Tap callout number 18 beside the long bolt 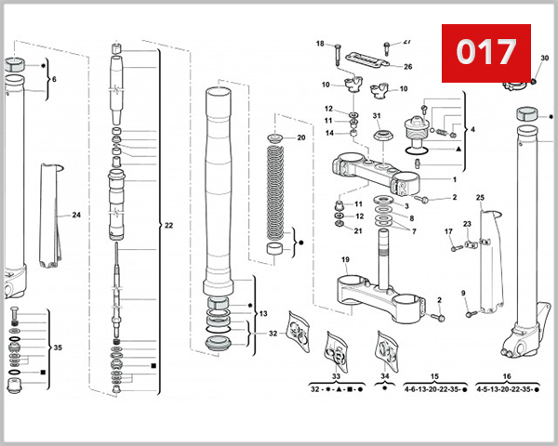[320, 44]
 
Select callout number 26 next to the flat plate [407, 67]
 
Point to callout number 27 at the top [406, 42]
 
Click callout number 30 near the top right [545, 58]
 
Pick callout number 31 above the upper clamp [377, 116]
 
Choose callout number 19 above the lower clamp [345, 260]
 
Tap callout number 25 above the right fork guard [480, 198]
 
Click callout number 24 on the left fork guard [76, 215]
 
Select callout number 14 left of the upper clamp [329, 132]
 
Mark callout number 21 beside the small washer [358, 230]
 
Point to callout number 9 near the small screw [463, 294]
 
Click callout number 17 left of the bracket [447, 231]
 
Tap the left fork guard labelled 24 [50, 214]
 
